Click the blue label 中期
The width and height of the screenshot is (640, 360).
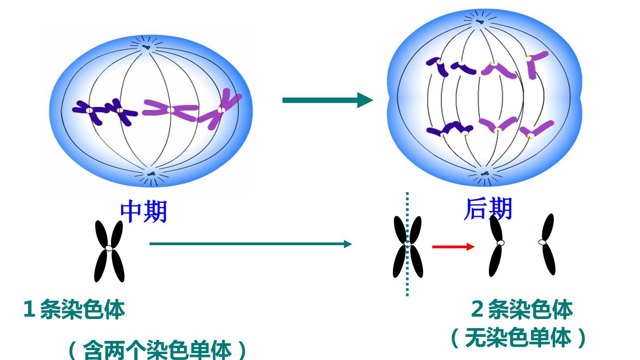[x=144, y=212]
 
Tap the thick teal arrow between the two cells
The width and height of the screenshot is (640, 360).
[x=328, y=100]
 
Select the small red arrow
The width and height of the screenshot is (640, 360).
[x=453, y=247]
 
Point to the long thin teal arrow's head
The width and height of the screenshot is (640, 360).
[x=348, y=244]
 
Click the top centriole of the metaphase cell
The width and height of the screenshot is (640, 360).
[x=146, y=47]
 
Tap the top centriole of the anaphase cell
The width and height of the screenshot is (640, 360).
[x=480, y=22]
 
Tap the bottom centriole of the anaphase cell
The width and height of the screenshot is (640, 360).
[x=485, y=173]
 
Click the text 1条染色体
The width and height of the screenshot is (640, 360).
[x=74, y=309]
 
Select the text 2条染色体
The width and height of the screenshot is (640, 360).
[x=522, y=309]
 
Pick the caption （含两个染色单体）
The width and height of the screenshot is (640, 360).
[x=157, y=350]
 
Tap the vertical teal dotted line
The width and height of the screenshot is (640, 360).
[x=407, y=244]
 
